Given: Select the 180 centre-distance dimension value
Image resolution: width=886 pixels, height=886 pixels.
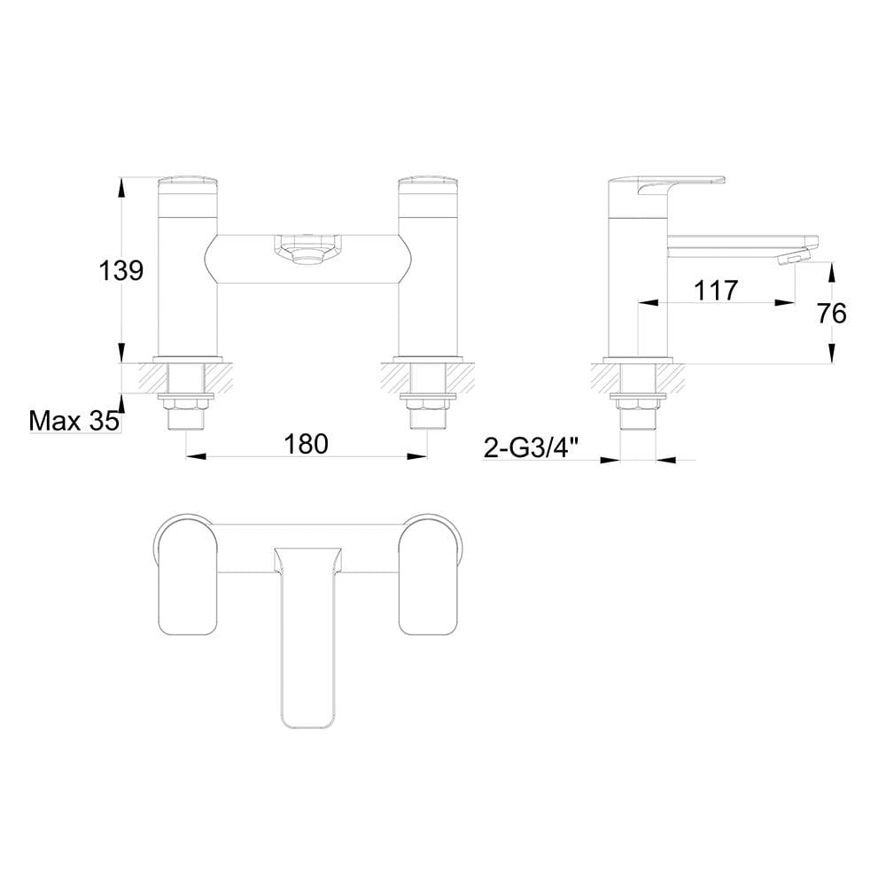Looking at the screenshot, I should coord(307,443).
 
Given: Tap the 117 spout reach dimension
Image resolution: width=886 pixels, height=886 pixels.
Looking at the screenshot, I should coord(716,290).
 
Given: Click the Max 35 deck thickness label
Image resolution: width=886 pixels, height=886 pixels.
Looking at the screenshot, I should coord(74,420).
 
